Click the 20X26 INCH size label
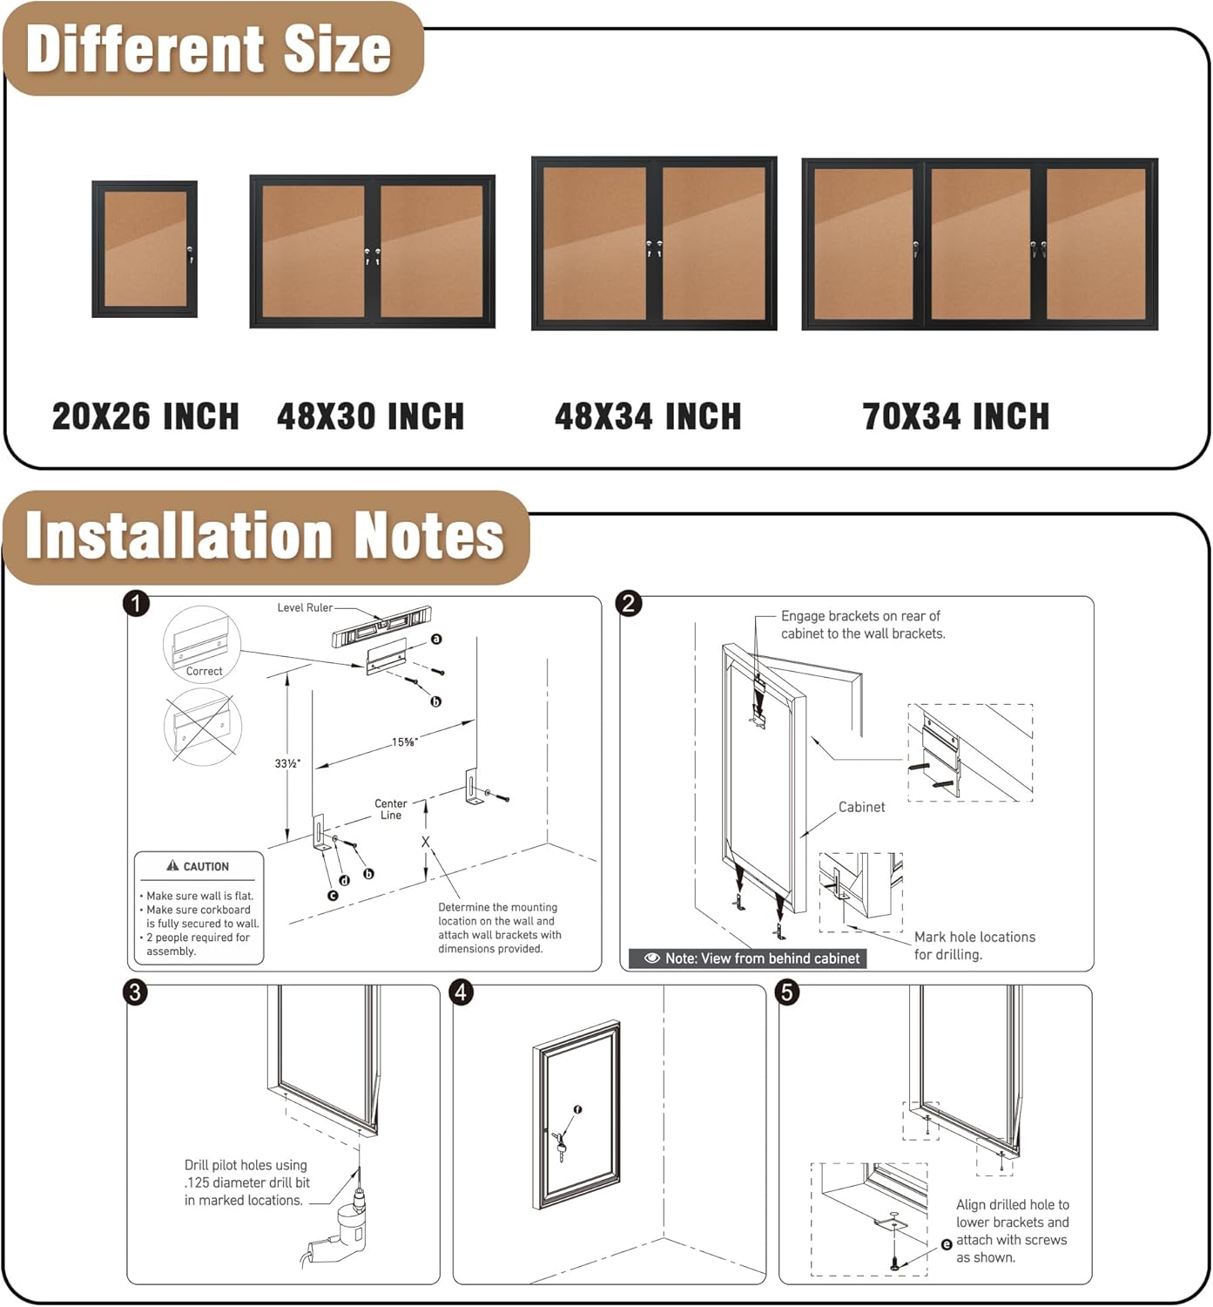[145, 416]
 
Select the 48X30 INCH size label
[371, 416]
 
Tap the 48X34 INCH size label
[648, 416]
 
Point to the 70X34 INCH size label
[956, 416]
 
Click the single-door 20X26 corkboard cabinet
[145, 249]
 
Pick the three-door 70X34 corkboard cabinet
[980, 245]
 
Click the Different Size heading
[209, 50]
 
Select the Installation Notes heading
[265, 535]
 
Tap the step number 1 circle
[137, 604]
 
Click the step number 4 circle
[462, 992]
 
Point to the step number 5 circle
[787, 992]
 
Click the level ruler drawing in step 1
[381, 626]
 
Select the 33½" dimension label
[287, 763]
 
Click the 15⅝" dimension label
[404, 742]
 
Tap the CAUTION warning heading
[199, 866]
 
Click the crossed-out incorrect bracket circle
[202, 727]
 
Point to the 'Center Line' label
[391, 809]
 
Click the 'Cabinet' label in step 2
[861, 807]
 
